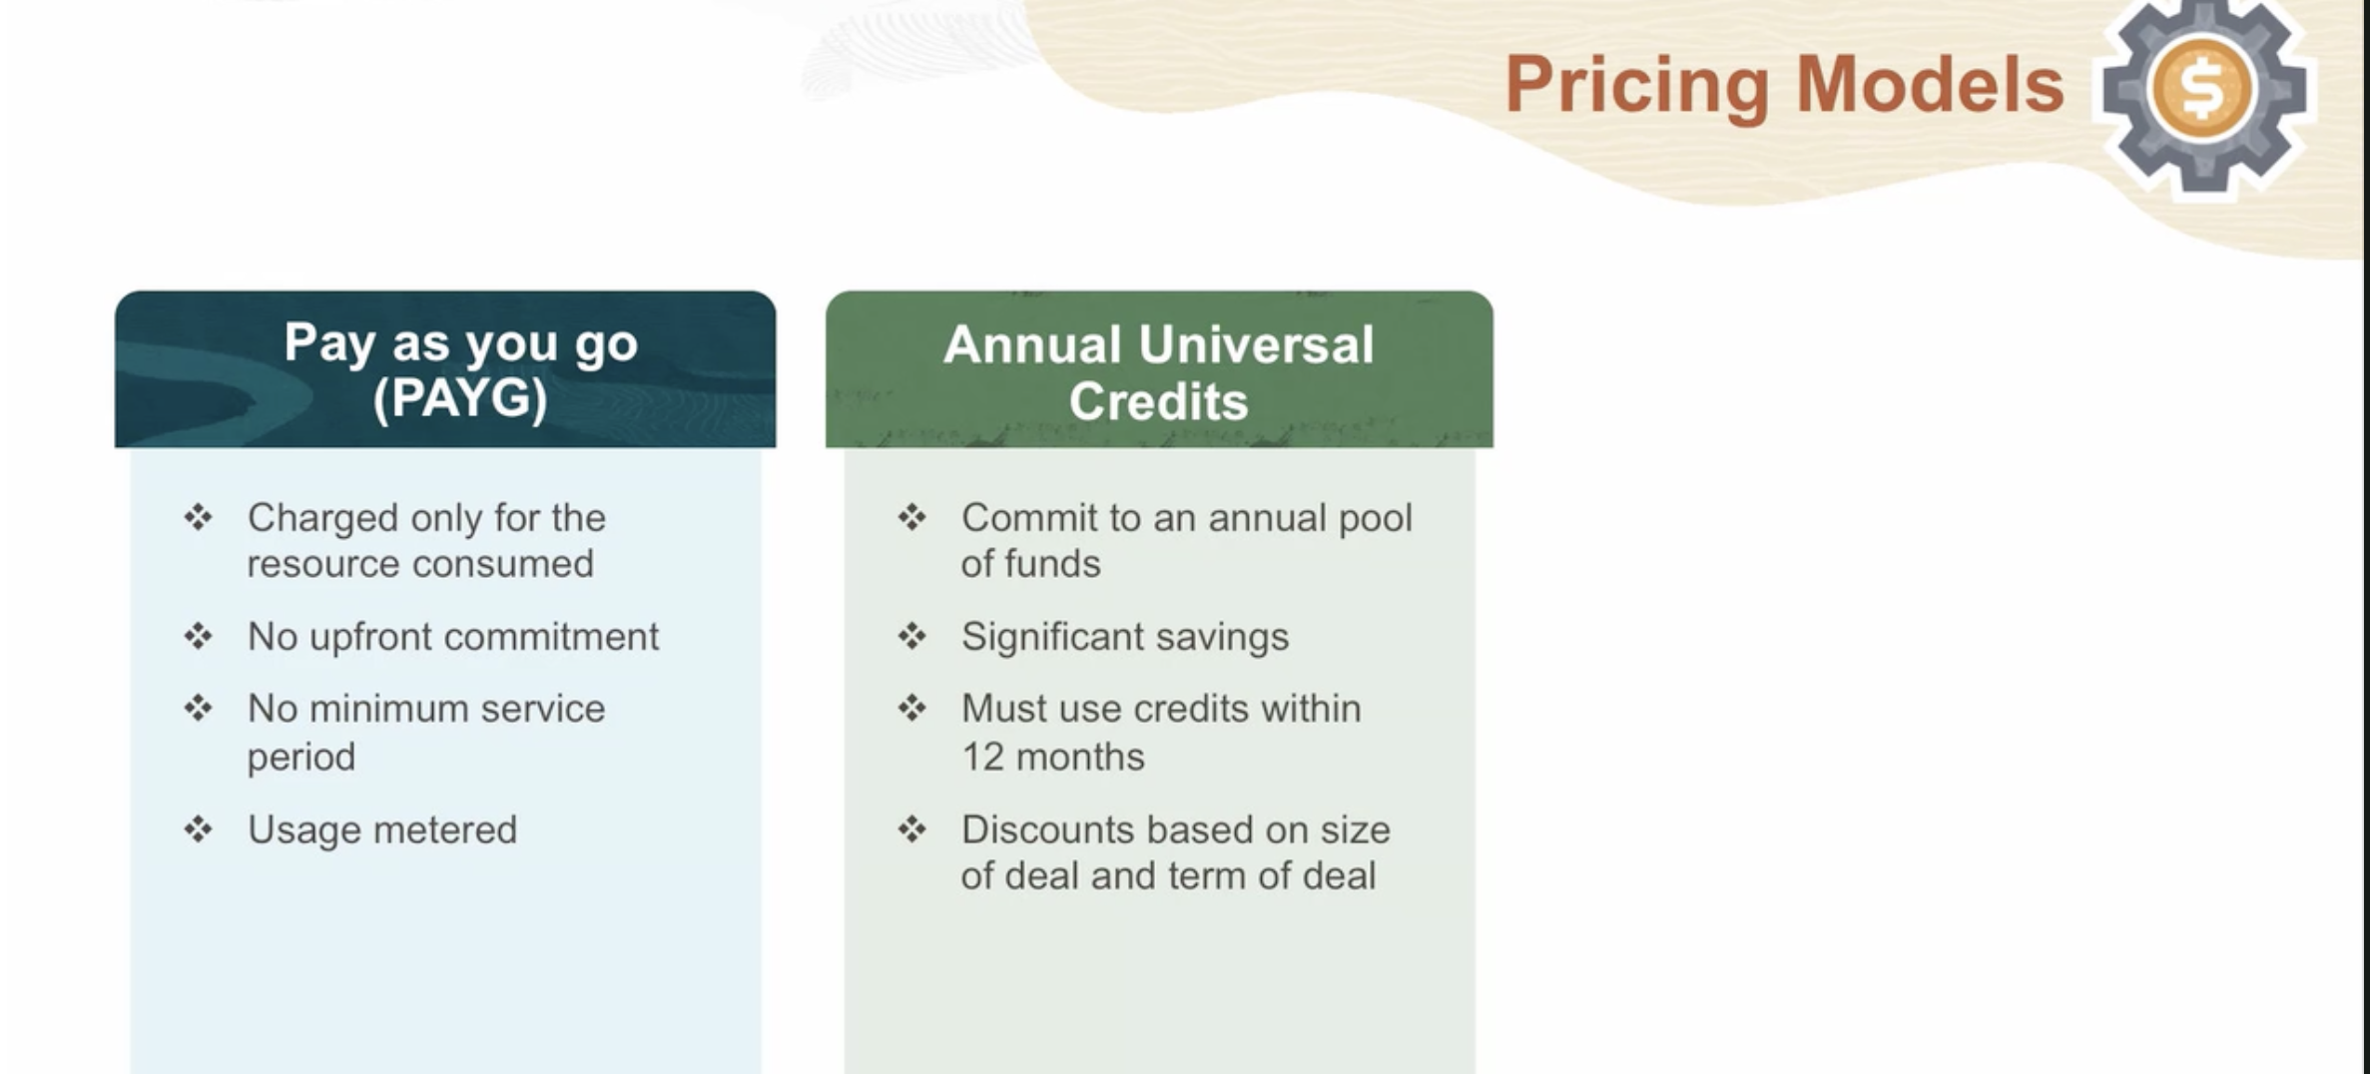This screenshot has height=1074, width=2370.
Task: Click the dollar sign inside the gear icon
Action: pyautogui.click(x=2202, y=89)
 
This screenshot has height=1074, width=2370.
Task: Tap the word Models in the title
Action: pyautogui.click(x=1930, y=84)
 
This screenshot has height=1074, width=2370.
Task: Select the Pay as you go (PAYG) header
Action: pyautogui.click(x=445, y=369)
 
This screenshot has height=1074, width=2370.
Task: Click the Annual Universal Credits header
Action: pyautogui.click(x=1159, y=369)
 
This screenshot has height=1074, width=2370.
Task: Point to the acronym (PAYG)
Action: pyautogui.click(x=460, y=398)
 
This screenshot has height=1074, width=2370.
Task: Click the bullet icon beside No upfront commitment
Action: pyautogui.click(x=198, y=636)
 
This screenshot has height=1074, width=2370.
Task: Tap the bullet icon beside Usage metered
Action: pyautogui.click(x=198, y=828)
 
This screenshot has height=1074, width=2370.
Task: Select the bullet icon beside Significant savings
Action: pyautogui.click(x=911, y=636)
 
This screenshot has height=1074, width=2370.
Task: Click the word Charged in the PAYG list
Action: pyautogui.click(x=322, y=519)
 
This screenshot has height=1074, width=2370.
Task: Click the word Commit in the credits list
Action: pyautogui.click(x=1027, y=518)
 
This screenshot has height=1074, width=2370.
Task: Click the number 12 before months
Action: pyautogui.click(x=982, y=758)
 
